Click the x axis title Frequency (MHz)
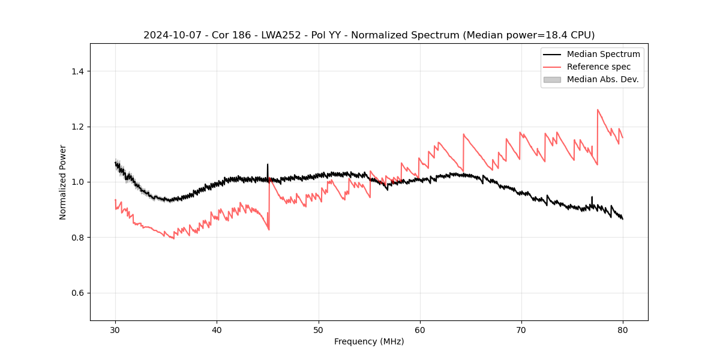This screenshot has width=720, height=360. (369, 341)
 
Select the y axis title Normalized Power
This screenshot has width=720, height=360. (63, 182)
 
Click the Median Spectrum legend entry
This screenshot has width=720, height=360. (603, 54)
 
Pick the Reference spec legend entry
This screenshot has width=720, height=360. (598, 67)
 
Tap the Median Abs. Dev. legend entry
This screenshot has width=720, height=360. (602, 79)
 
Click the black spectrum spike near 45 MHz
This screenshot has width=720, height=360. (268, 164)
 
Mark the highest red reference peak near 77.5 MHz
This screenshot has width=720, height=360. (598, 110)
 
